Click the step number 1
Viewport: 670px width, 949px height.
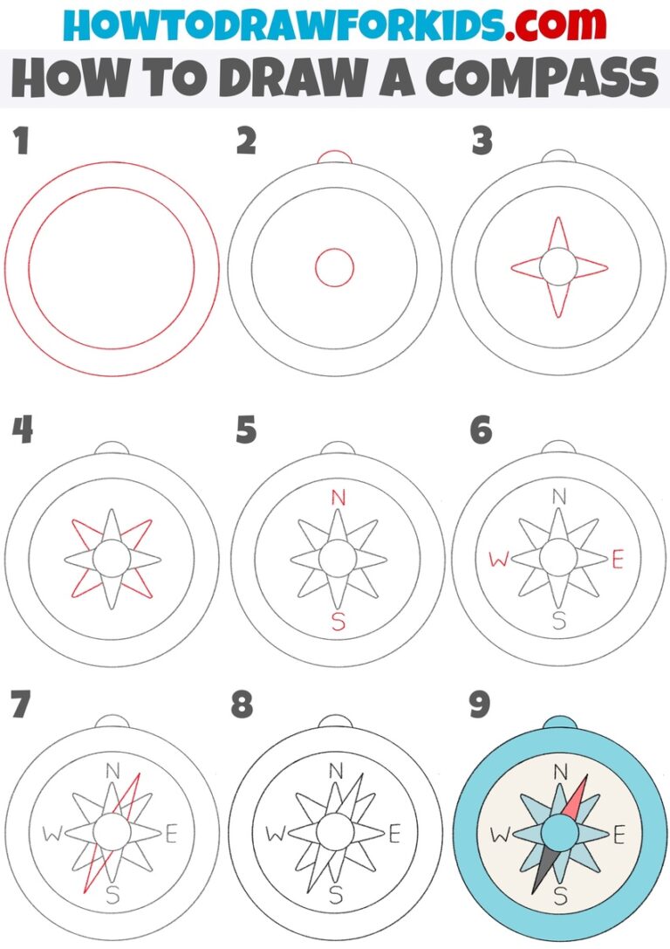tap(20, 141)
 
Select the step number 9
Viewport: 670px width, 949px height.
tap(479, 705)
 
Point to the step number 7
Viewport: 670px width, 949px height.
tap(21, 705)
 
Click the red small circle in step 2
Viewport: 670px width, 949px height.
tap(334, 267)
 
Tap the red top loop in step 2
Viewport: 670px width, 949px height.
tap(334, 156)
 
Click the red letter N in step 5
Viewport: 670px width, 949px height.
tap(338, 499)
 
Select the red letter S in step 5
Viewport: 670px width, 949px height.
tap(338, 622)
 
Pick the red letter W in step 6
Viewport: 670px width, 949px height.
tap(498, 560)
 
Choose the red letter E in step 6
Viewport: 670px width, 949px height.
tap(618, 560)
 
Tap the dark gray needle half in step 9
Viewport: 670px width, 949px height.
tap(544, 864)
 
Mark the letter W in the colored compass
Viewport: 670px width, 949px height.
tap(499, 835)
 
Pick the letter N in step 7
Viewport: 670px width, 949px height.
tap(113, 770)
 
